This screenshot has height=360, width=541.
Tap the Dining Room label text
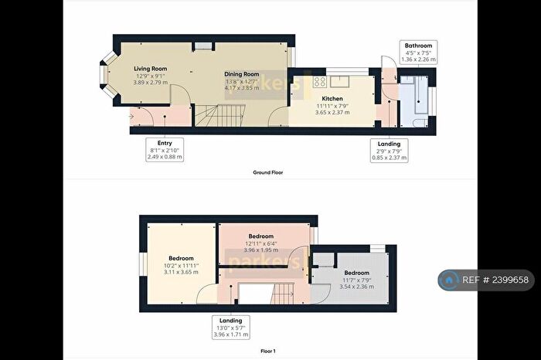click(x=240, y=73)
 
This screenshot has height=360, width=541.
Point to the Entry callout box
click(x=165, y=150)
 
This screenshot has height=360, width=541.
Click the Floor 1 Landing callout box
click(x=230, y=327)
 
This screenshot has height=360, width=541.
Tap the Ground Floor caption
click(x=268, y=172)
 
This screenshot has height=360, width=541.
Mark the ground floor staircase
click(x=212, y=117)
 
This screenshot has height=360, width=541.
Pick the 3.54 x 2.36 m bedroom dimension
click(x=356, y=287)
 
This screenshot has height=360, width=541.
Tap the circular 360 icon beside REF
click(x=448, y=280)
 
